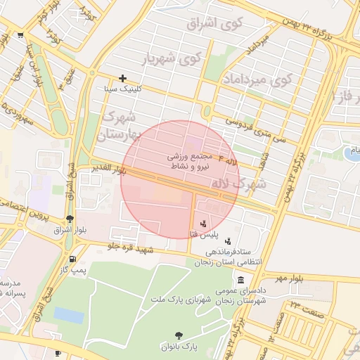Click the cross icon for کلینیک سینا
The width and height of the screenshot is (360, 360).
(123, 78)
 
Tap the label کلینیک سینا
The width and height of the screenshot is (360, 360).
(123, 89)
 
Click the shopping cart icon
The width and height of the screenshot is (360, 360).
(20, 34)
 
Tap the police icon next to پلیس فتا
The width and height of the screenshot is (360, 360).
(203, 224)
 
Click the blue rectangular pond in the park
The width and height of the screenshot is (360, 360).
(68, 315)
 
